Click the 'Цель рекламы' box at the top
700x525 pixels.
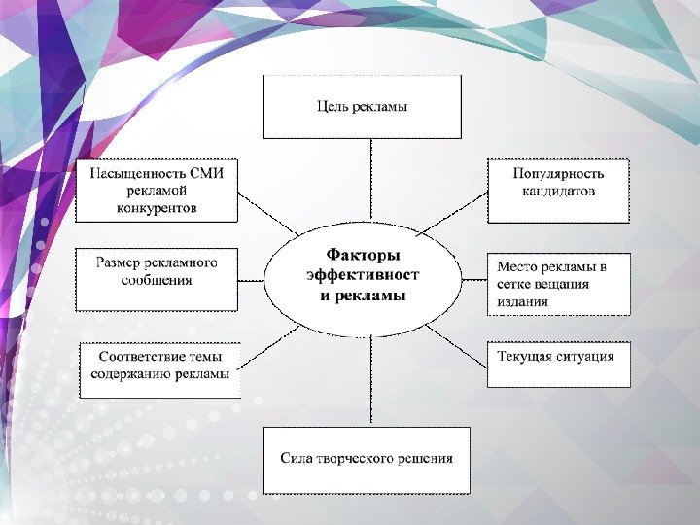[x=362, y=107]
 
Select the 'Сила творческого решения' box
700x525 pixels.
[x=367, y=459]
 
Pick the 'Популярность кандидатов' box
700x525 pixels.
[x=557, y=191]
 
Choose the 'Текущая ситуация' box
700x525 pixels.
[x=557, y=364]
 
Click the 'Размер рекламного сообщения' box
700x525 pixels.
[x=156, y=279]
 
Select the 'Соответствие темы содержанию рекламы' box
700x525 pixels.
[x=159, y=369]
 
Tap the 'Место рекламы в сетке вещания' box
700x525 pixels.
[x=557, y=284]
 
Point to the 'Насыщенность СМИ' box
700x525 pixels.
[x=156, y=191]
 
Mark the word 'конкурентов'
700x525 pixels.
[x=157, y=208]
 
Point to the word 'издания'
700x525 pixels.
[x=523, y=301]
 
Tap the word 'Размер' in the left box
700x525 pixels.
[x=118, y=262]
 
